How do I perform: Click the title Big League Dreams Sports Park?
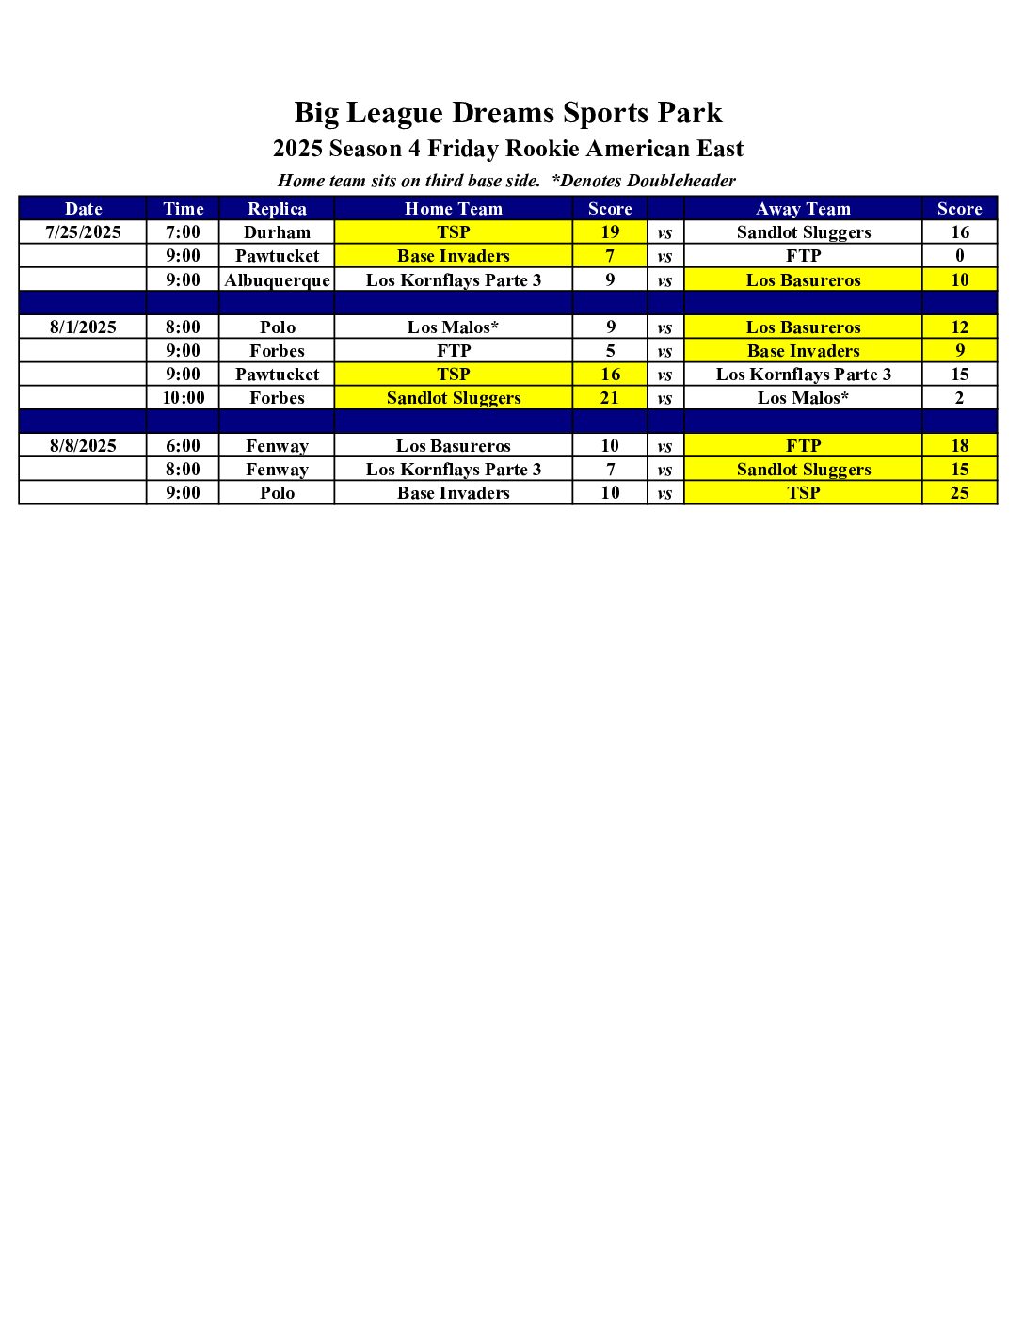pos(508,113)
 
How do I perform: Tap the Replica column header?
pos(277,209)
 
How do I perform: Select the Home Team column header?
pos(454,209)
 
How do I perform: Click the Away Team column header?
pos(803,209)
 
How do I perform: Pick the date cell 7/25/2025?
pos(83,232)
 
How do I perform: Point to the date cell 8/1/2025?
pos(83,327)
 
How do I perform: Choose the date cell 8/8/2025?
pos(83,446)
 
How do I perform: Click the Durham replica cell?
pos(277,232)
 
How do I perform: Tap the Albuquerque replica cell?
pos(277,280)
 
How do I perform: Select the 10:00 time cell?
pos(184,398)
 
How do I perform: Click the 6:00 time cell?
pos(184,446)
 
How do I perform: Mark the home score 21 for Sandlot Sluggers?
pos(610,398)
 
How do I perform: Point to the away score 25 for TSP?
pos(959,493)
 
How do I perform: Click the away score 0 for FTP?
pos(959,256)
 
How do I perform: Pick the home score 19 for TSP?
pos(610,232)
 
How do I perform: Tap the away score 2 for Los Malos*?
pos(959,398)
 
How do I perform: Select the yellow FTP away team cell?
pos(803,446)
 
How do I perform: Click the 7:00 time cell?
pos(184,232)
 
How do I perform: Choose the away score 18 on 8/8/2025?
pos(959,446)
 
